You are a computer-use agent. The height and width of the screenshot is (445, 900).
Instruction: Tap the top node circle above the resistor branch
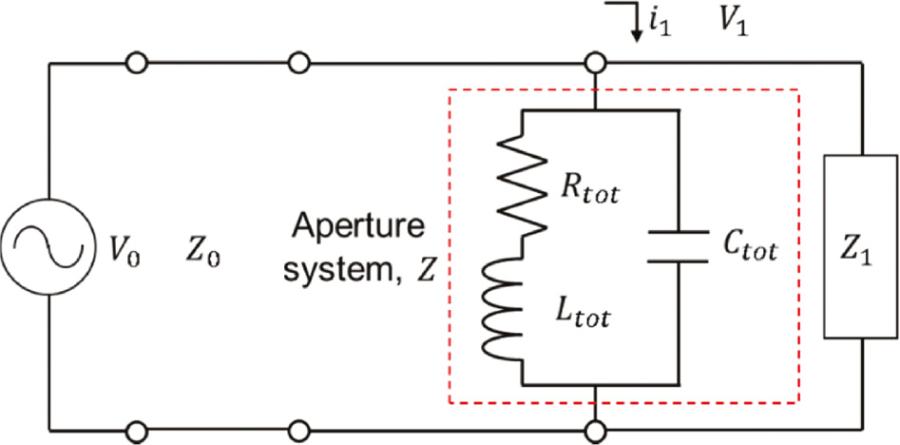coord(595,64)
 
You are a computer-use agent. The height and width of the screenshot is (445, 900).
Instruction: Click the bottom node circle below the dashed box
coord(595,429)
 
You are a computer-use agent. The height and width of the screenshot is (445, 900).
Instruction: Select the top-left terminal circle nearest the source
coord(136,64)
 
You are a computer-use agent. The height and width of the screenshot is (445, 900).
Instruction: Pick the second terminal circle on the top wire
coord(299,64)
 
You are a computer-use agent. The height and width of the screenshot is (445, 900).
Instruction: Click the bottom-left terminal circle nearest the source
coord(136,429)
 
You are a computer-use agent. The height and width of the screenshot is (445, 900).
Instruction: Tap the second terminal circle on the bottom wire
coord(299,429)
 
